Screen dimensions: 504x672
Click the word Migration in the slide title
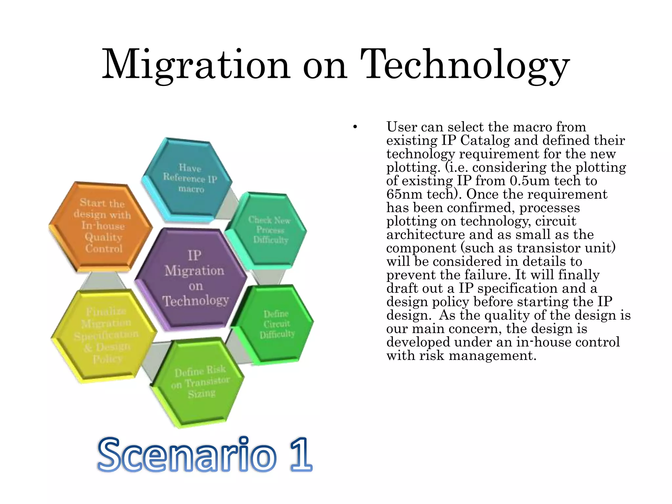coord(196,65)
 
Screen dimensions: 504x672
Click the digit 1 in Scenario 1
coord(300,454)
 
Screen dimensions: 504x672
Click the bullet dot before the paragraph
coord(355,127)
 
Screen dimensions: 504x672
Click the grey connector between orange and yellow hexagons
coord(103,281)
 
